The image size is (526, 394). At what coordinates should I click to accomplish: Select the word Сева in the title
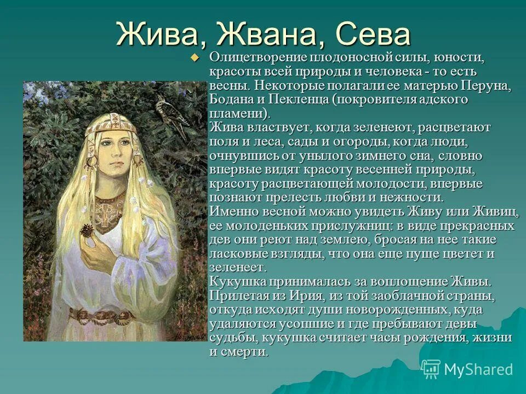click(x=373, y=34)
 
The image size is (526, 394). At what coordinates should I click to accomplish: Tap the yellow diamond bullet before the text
click(x=193, y=57)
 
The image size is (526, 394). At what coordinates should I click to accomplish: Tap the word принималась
click(x=304, y=282)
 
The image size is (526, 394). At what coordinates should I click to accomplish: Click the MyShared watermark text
click(x=478, y=369)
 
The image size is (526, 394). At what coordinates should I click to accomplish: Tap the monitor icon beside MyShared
click(x=431, y=369)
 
